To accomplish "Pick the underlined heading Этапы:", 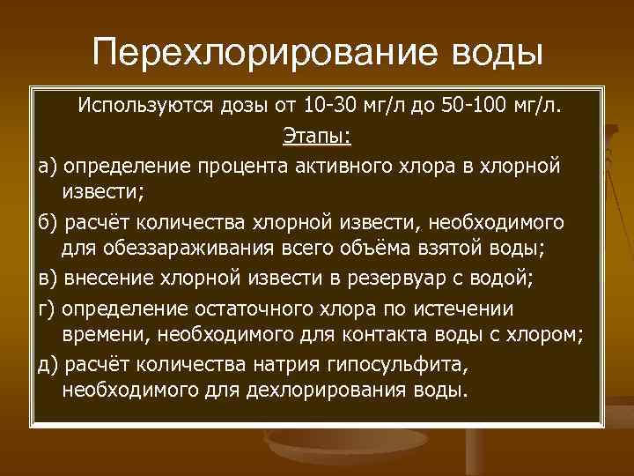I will click(316, 136).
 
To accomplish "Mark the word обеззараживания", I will click(168, 248).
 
